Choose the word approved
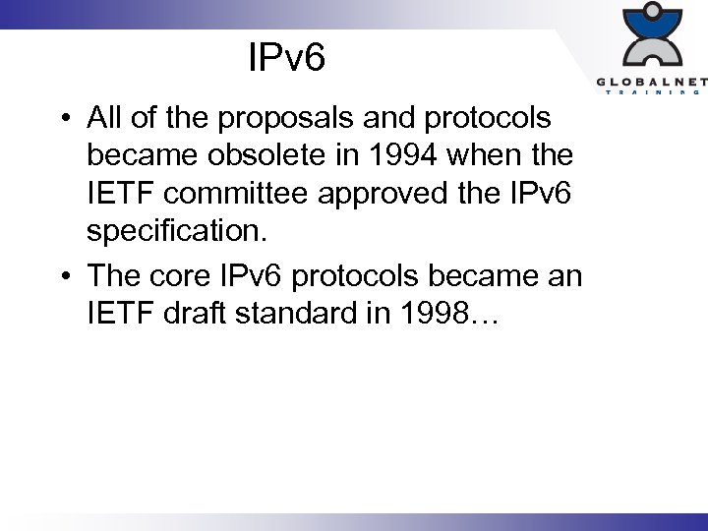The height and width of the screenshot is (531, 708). click(417, 196)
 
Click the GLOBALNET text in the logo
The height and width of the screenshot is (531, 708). click(649, 82)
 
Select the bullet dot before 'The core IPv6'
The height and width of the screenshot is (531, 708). click(62, 276)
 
